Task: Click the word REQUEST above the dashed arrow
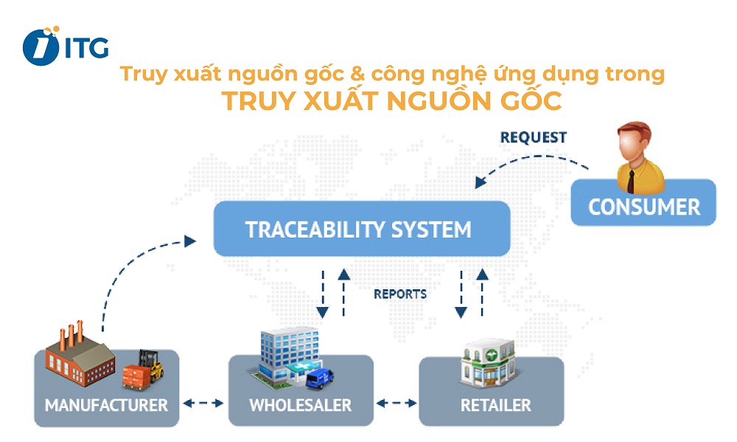pyautogui.click(x=533, y=137)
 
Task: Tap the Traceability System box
pyautogui.click(x=361, y=229)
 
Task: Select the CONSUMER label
pyautogui.click(x=643, y=206)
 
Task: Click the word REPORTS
pyautogui.click(x=400, y=294)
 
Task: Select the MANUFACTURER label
pyautogui.click(x=106, y=405)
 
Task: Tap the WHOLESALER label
pyautogui.click(x=300, y=405)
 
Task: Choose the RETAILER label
pyautogui.click(x=495, y=405)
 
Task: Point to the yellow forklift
pyautogui.click(x=151, y=366)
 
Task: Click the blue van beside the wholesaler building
pyautogui.click(x=318, y=376)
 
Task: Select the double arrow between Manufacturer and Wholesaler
pyautogui.click(x=203, y=404)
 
